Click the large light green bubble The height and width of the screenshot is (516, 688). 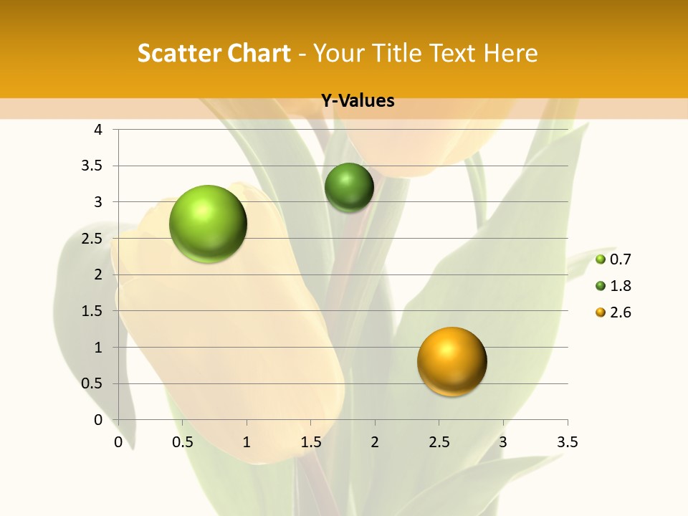209,224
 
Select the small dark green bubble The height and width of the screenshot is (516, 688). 349,187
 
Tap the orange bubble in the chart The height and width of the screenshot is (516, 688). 451,361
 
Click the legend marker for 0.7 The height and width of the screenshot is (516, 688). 601,259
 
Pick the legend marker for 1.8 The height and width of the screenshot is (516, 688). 601,286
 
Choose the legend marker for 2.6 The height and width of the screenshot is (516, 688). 601,312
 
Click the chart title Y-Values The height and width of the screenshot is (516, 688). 357,101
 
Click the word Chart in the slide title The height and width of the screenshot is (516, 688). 259,53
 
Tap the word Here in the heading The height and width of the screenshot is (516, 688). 510,53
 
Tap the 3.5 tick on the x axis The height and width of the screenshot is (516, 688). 567,442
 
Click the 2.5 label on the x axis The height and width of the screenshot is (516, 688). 439,442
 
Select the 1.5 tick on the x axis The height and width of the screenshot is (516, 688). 310,442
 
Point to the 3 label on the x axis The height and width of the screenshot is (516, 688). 503,442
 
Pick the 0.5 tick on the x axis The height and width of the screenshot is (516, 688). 182,442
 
